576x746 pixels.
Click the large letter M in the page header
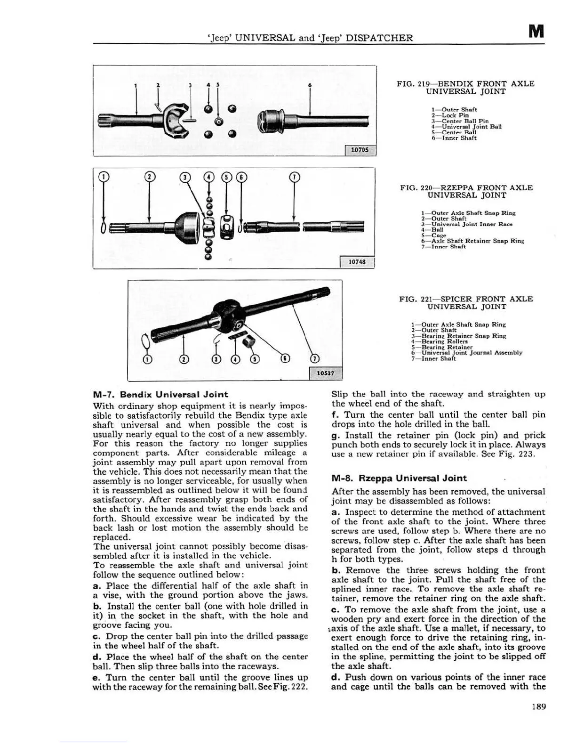(536, 32)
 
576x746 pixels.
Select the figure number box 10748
(356, 262)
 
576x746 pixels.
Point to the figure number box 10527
(326, 373)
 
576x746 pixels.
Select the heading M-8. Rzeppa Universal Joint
(399, 478)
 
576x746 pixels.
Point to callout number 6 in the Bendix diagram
(310, 85)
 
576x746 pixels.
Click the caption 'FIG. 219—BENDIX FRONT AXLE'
(465, 84)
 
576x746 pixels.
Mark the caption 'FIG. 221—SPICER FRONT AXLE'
(466, 299)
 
